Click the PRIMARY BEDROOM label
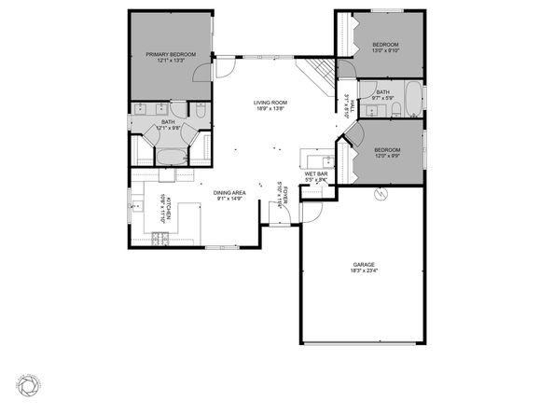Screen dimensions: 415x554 [x=171, y=54]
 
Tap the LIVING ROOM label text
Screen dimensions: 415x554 [x=269, y=103]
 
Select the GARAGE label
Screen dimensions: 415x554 [x=364, y=265]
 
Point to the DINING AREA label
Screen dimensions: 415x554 [x=230, y=192]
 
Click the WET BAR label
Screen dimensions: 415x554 [x=316, y=173]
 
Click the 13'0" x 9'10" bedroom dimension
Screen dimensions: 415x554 [x=385, y=51]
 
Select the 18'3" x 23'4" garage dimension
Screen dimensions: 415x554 [x=364, y=271]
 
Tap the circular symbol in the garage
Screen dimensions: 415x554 [x=380, y=195]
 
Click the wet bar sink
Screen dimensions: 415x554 [x=309, y=156]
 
